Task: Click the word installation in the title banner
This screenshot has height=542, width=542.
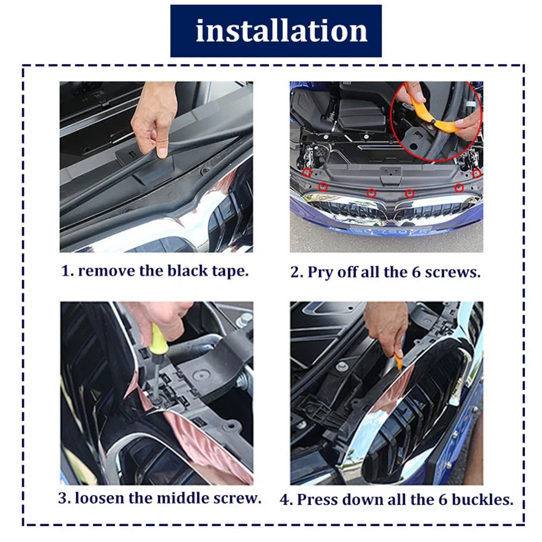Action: (281, 31)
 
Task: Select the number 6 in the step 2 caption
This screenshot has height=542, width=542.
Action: (416, 272)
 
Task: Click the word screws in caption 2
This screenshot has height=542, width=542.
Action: (453, 273)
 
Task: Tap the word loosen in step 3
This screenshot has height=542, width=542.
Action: (100, 498)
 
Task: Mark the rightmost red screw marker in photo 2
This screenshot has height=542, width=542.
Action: (476, 173)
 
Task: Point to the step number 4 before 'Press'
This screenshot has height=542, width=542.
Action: (285, 500)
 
